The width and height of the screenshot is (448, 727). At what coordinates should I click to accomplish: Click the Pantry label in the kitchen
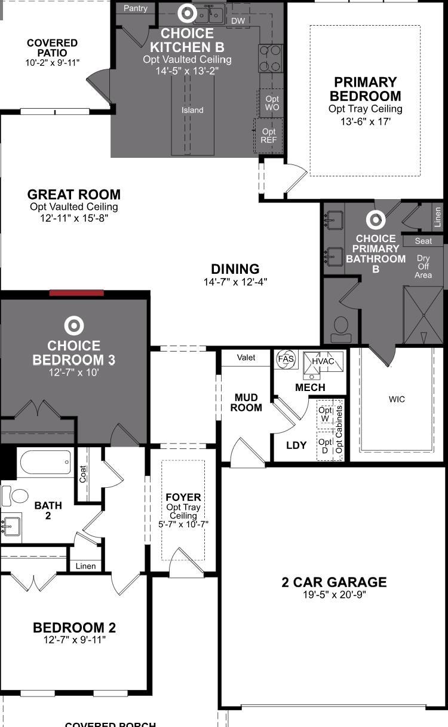click(135, 8)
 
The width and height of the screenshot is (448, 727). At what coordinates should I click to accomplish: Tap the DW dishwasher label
click(238, 21)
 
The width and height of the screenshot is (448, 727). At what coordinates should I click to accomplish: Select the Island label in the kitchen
click(192, 111)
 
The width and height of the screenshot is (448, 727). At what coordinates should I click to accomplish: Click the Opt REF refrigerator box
click(268, 136)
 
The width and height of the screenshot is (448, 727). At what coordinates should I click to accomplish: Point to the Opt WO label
click(272, 103)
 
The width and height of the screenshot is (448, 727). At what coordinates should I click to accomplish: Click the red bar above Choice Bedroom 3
click(76, 293)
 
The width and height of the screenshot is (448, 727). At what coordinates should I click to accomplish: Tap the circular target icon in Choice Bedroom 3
click(74, 325)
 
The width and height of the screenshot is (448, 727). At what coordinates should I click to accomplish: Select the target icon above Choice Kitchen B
click(188, 13)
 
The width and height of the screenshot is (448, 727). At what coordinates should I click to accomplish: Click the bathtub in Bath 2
click(45, 462)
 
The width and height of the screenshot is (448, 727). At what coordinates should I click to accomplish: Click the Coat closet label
click(82, 474)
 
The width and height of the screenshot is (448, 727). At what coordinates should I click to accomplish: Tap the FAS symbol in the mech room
click(286, 359)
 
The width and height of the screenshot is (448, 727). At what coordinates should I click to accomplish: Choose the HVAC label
click(323, 361)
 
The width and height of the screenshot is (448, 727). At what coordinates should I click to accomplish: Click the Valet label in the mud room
click(246, 358)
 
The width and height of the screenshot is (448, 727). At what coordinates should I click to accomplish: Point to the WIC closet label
click(397, 399)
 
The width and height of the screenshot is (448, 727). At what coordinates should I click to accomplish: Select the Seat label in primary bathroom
click(424, 241)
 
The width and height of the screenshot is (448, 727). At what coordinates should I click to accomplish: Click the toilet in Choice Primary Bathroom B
click(340, 329)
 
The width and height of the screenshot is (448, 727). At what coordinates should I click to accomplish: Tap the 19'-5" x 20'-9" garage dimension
click(335, 595)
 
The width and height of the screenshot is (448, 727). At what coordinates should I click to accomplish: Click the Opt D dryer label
click(325, 446)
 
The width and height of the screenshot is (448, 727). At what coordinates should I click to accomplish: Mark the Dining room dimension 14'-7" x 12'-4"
click(235, 282)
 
